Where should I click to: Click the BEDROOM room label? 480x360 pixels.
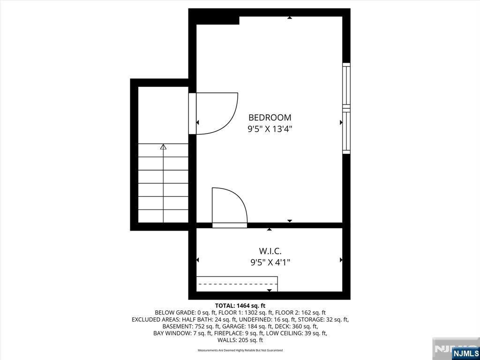tap(270, 118)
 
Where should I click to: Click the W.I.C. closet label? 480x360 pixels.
tap(270, 251)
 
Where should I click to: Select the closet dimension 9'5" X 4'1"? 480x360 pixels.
tap(270, 262)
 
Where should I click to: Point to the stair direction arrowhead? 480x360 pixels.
tap(163, 147)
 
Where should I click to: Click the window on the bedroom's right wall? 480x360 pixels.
tap(346, 108)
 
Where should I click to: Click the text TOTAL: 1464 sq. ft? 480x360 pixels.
tap(240, 306)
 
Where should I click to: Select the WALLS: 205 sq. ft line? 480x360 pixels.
tap(240, 340)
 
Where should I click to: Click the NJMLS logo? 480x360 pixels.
tap(465, 353)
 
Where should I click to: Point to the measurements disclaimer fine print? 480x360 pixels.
tap(240, 350)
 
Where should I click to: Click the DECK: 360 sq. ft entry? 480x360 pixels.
tap(296, 326)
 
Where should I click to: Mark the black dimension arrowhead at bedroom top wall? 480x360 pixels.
tap(290, 18)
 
